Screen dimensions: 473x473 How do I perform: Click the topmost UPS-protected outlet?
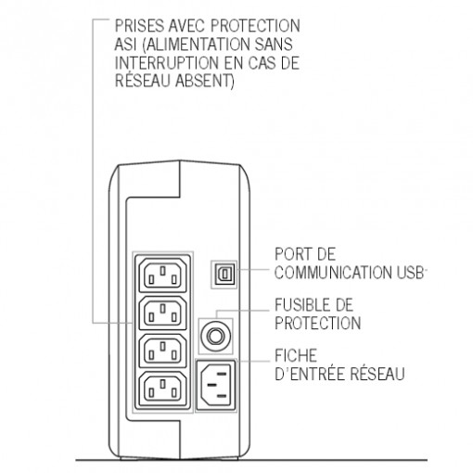(163, 275)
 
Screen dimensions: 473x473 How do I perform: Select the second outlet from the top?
(163, 313)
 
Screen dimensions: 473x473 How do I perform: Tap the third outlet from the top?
(163, 351)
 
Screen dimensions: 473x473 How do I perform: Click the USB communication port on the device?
(224, 275)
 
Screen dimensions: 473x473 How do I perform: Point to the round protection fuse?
(216, 336)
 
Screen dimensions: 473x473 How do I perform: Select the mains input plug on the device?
(216, 385)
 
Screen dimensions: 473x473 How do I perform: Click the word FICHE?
(296, 355)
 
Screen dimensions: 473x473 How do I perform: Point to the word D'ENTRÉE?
(310, 373)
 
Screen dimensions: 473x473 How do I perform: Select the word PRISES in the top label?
(139, 26)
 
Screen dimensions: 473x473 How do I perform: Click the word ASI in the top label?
(125, 44)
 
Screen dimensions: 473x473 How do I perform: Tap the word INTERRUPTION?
(167, 63)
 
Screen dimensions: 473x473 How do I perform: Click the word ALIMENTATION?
(196, 45)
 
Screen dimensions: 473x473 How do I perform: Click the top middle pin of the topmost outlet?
(163, 271)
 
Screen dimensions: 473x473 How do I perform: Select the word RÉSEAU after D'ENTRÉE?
(377, 373)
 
